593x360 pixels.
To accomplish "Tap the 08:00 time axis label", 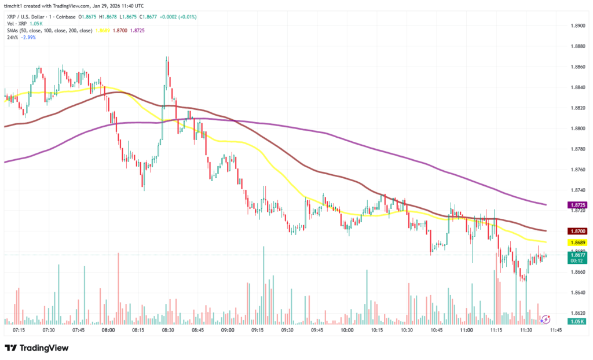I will (x=108, y=330).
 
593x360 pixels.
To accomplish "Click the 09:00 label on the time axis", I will (x=228, y=330).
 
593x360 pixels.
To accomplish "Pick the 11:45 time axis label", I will (x=556, y=330).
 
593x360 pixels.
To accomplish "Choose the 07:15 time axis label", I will (x=19, y=330).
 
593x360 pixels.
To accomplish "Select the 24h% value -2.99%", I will (x=28, y=36).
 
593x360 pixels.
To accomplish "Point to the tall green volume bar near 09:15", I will (x=263, y=284).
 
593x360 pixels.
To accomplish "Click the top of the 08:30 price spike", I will (x=167, y=58).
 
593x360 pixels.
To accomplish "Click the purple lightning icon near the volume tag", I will (x=546, y=319).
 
